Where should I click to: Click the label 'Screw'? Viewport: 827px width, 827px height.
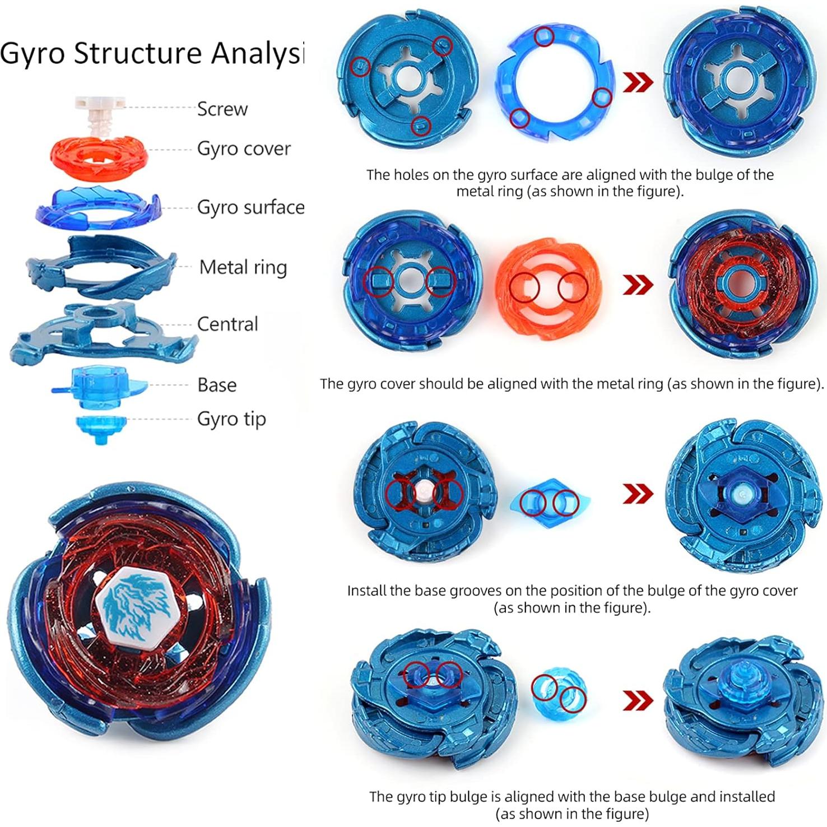pos(222,109)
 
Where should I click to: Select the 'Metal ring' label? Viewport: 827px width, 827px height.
pos(243,267)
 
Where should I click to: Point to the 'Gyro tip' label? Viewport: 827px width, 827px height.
pos(231,419)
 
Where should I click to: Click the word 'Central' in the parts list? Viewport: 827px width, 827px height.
pos(227,324)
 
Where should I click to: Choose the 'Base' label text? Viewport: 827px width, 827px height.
pos(217,385)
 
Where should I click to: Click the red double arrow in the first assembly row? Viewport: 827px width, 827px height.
pos(638,82)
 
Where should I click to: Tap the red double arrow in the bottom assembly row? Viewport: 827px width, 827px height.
pos(638,700)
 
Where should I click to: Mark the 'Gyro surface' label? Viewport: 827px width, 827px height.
pos(250,207)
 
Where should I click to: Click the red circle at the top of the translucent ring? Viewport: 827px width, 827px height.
pos(544,37)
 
